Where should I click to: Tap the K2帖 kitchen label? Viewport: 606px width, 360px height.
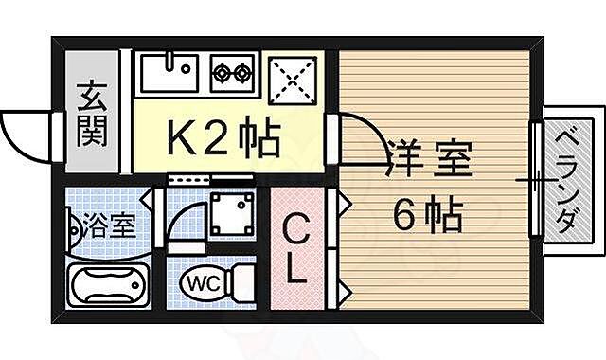(x=223, y=138)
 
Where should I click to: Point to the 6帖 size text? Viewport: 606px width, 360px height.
(x=428, y=218)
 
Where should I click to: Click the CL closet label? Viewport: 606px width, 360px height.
(x=297, y=249)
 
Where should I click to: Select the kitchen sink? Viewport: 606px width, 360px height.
(x=168, y=73)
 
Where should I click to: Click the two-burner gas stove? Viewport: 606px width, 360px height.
(x=234, y=72)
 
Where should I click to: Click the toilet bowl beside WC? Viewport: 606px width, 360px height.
(x=242, y=281)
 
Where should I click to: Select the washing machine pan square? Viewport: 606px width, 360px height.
(x=231, y=213)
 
